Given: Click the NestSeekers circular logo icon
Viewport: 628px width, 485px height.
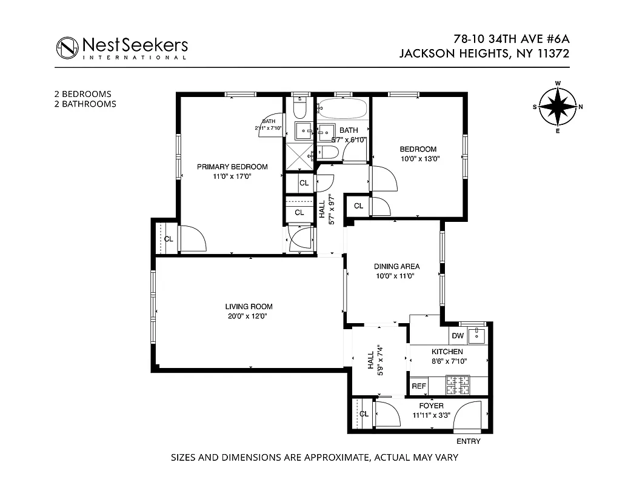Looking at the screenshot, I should point(67,47).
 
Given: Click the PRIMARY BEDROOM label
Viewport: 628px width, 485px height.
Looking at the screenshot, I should point(232,167).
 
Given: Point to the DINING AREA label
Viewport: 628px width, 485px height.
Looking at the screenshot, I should point(396,266).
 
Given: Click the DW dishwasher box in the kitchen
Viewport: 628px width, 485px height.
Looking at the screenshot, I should point(458,336).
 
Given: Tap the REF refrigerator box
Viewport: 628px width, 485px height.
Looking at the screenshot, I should point(419,386).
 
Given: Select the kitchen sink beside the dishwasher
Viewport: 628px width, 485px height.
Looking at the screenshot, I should point(477,334).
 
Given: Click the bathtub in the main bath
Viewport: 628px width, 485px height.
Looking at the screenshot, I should point(343,110).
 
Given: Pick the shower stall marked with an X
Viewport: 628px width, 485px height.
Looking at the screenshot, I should point(298,152).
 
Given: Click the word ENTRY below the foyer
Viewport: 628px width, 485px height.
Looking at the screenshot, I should point(468,441).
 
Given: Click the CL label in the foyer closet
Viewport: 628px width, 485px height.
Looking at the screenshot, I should point(364,414).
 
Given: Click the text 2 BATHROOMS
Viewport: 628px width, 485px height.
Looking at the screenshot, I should point(85,104).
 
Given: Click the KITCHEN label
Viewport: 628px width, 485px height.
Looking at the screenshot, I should point(447,352).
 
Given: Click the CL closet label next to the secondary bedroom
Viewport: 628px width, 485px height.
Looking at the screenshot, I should point(359,206).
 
